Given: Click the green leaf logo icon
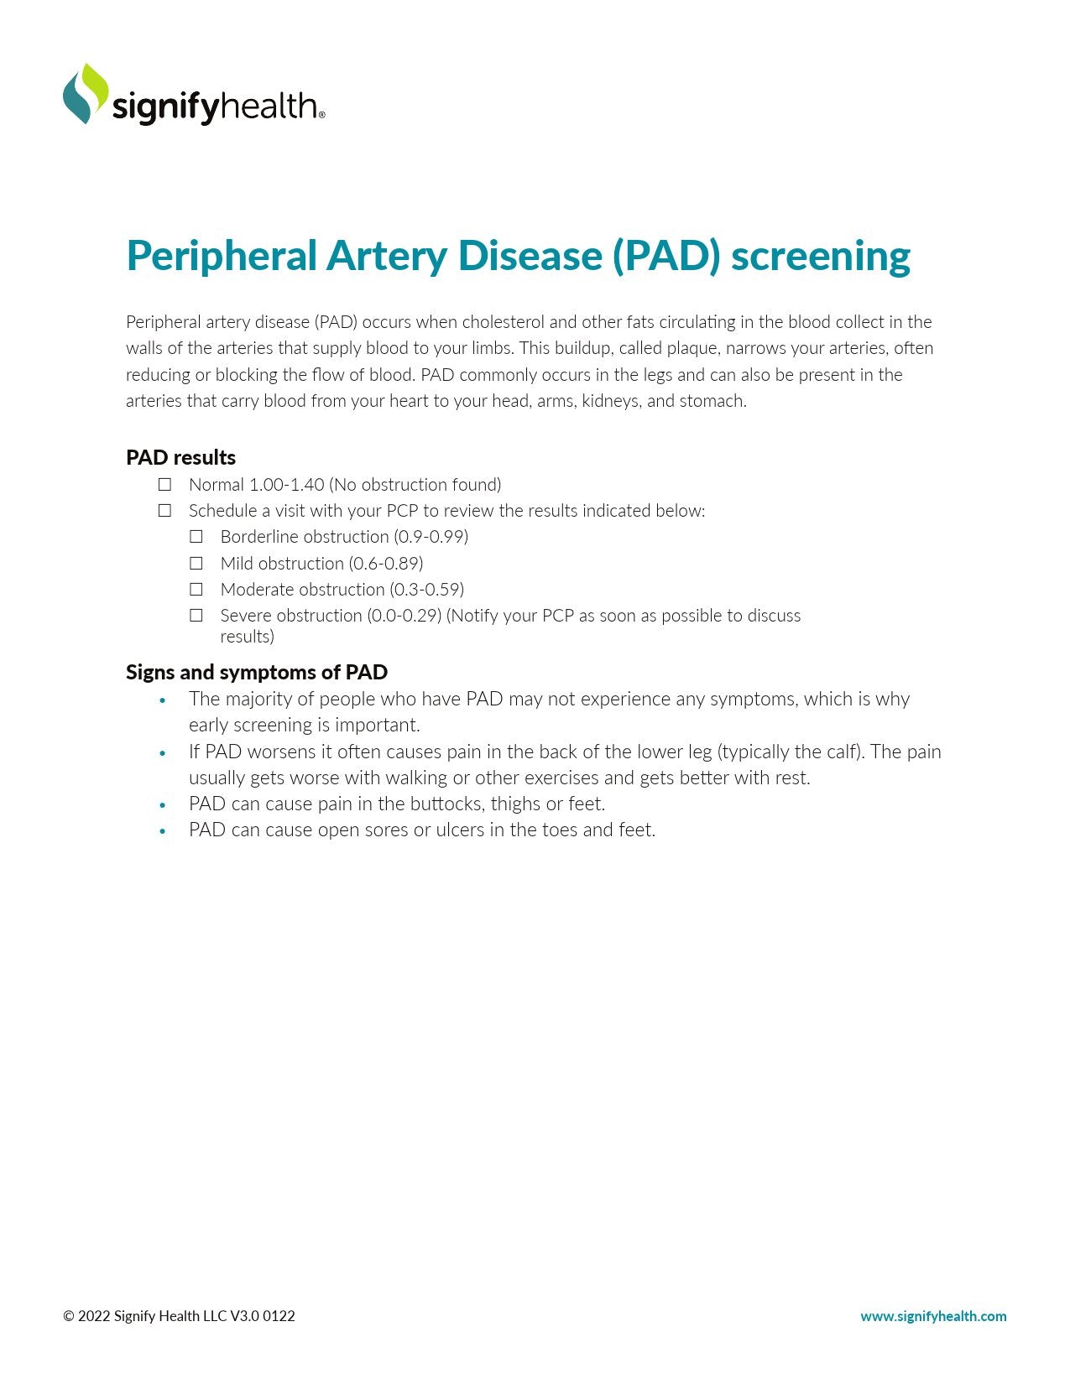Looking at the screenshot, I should [x=86, y=93].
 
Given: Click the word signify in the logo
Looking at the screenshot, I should [x=164, y=108].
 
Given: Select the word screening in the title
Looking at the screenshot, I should [x=820, y=256].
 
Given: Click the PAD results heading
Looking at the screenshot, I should [x=180, y=458].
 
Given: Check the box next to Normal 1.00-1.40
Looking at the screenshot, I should [x=165, y=485].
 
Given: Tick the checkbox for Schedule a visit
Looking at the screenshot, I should [x=165, y=511].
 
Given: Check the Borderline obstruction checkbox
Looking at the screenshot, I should [x=196, y=537].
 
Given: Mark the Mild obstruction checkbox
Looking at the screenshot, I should [x=196, y=564].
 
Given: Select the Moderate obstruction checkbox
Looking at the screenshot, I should [x=196, y=590].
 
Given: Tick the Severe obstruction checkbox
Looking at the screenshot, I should [x=196, y=616].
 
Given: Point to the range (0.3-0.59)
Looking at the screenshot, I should [x=426, y=590].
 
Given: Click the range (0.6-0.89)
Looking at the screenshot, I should [x=386, y=564].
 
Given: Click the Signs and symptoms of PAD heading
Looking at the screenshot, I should [x=257, y=673].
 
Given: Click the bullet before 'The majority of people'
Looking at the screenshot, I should [x=163, y=701].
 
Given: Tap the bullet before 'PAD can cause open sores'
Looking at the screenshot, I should [x=163, y=832].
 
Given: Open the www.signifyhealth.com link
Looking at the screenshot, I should [x=933, y=1316].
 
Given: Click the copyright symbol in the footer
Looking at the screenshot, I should [x=69, y=1316].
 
